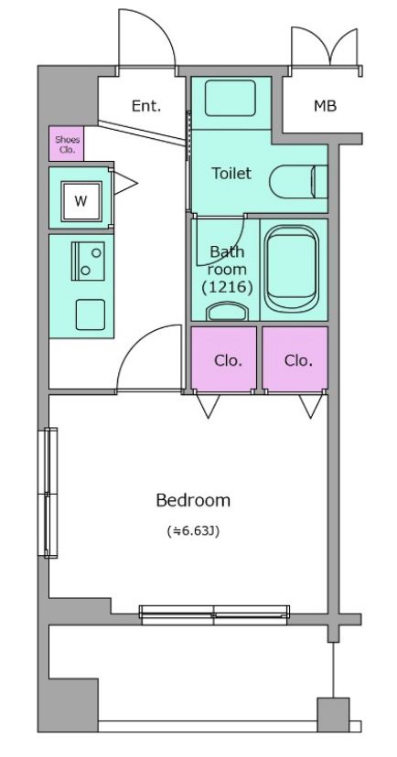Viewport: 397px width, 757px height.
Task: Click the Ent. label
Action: tap(145, 106)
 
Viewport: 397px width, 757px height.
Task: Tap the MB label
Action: tap(325, 106)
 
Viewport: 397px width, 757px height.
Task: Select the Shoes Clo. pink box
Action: tap(66, 144)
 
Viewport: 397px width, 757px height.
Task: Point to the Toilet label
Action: tap(231, 174)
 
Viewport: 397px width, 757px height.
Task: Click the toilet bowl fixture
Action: tap(298, 182)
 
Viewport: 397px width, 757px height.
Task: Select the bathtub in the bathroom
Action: tap(292, 269)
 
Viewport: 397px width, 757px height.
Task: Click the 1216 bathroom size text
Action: tap(227, 288)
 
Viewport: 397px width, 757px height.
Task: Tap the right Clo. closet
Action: tap(295, 358)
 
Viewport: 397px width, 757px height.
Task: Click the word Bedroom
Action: tap(193, 501)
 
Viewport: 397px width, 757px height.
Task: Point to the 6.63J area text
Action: tap(193, 531)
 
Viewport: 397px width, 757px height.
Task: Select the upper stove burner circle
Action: tap(97, 252)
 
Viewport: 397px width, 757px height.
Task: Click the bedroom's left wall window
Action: tap(48, 493)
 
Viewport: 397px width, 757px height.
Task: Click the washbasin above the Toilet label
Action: tap(230, 98)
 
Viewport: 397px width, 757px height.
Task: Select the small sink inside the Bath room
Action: tap(226, 312)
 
